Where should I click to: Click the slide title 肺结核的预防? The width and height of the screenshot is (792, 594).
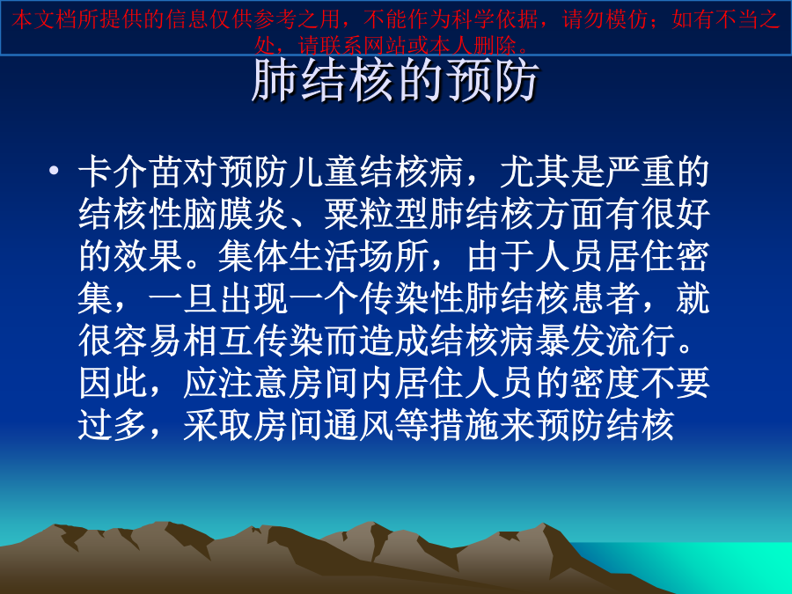click(x=395, y=81)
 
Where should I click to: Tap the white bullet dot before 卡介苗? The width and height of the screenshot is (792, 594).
click(x=54, y=171)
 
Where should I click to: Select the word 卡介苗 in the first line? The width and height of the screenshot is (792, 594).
click(x=131, y=172)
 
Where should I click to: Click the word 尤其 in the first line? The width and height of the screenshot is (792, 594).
click(x=535, y=172)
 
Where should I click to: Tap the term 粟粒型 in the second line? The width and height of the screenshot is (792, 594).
click(x=377, y=214)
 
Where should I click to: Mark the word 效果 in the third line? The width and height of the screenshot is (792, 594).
click(x=149, y=256)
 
